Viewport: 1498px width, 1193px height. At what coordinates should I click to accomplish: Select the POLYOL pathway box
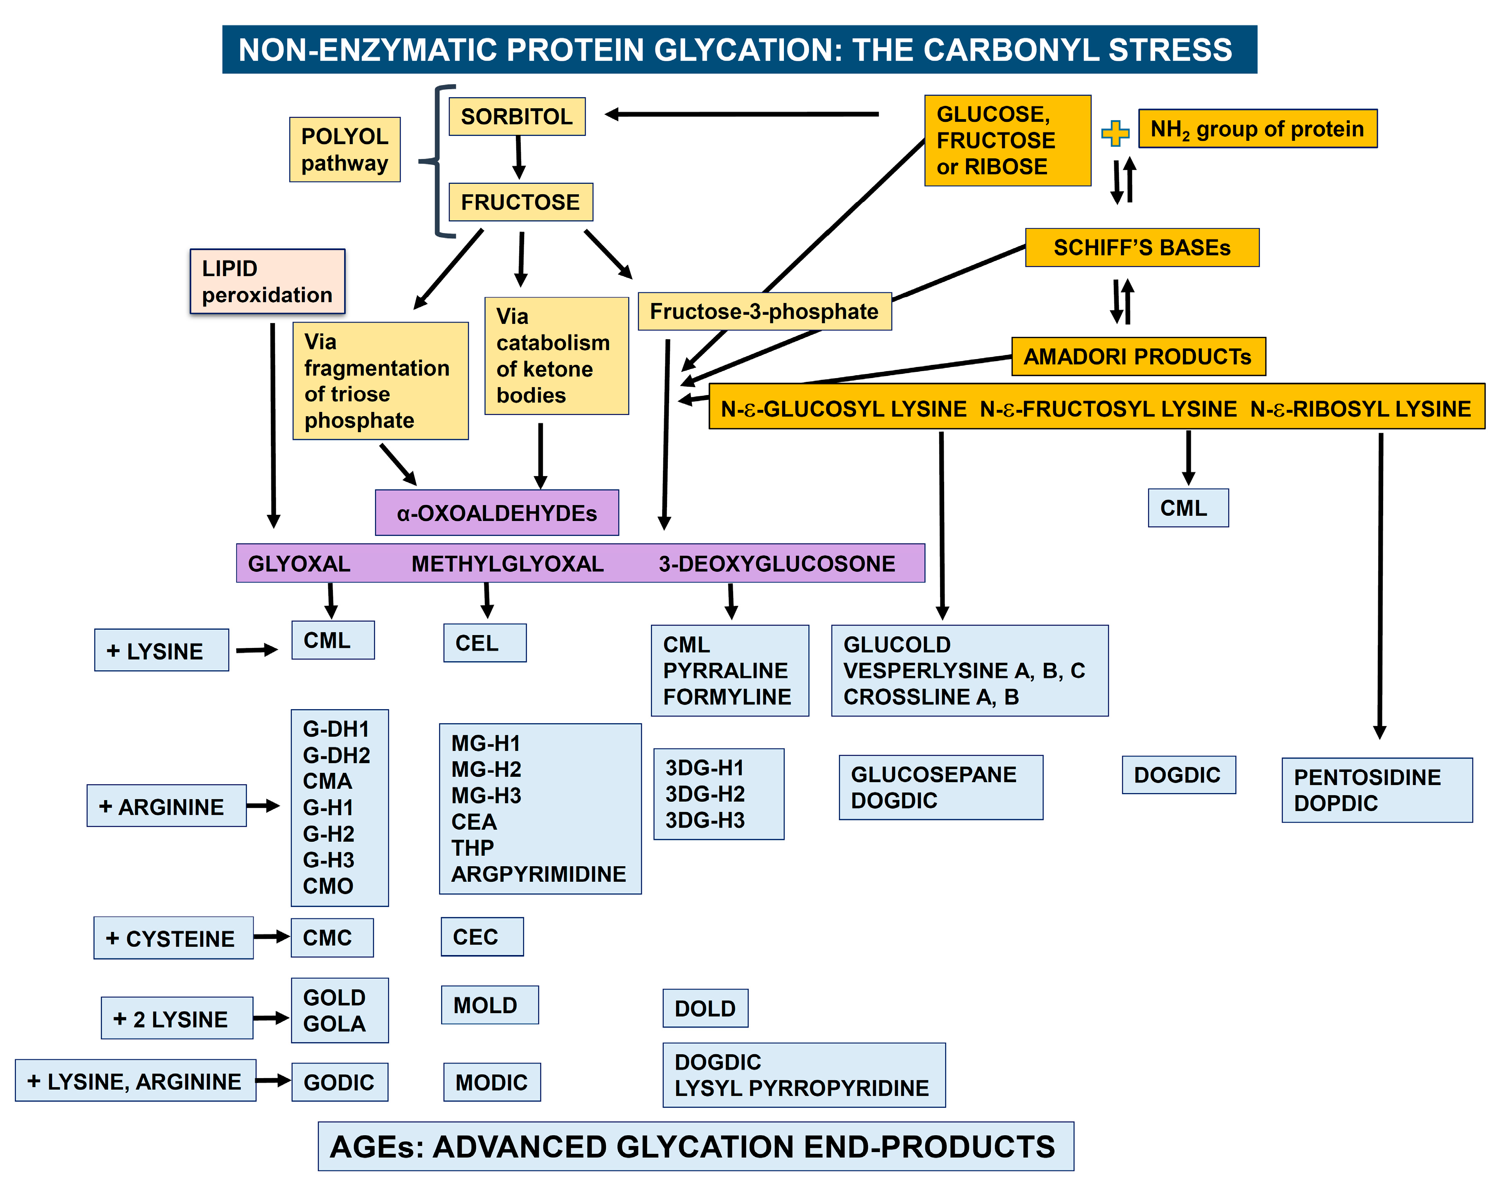pyautogui.click(x=344, y=150)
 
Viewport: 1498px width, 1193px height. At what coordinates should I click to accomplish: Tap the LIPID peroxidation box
pyautogui.click(x=268, y=281)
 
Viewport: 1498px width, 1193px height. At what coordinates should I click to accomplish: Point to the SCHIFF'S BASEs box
pyautogui.click(x=1142, y=248)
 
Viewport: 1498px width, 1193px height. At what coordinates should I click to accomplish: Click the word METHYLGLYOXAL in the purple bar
pyautogui.click(x=507, y=564)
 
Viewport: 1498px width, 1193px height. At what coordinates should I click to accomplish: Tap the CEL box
pyautogui.click(x=484, y=643)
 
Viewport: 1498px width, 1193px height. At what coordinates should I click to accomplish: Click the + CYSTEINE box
pyautogui.click(x=173, y=938)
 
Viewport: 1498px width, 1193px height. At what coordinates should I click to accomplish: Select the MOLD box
pyautogui.click(x=489, y=1005)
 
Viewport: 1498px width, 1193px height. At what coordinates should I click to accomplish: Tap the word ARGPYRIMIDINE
pyautogui.click(x=539, y=874)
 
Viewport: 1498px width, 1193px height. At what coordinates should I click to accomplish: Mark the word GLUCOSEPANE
pyautogui.click(x=933, y=774)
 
